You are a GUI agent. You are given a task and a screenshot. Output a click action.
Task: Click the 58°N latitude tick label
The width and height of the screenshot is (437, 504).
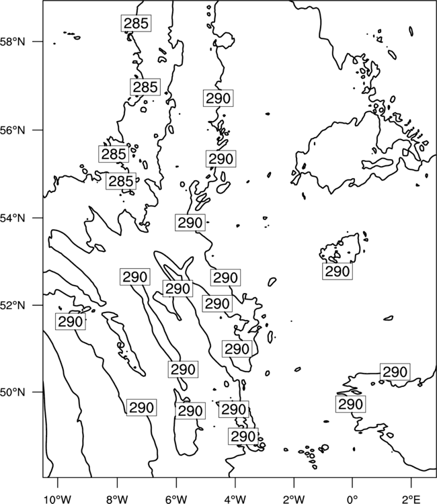pyautogui.click(x=13, y=42)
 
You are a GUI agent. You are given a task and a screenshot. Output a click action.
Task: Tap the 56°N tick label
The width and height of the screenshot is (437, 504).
pyautogui.click(x=13, y=130)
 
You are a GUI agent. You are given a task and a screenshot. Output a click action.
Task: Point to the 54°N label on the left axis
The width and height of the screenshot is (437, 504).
pyautogui.click(x=13, y=218)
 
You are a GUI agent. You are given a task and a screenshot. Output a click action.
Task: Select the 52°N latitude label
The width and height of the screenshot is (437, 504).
pyautogui.click(x=13, y=305)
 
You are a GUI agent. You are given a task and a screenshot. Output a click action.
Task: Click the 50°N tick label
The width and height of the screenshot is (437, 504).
pyautogui.click(x=13, y=392)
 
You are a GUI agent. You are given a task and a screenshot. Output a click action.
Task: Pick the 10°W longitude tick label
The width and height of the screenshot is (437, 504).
pyautogui.click(x=58, y=499)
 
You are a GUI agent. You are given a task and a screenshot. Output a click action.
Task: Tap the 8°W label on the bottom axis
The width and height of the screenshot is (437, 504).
pyautogui.click(x=117, y=499)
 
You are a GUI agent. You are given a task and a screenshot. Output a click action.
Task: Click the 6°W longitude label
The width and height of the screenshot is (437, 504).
pyautogui.click(x=176, y=499)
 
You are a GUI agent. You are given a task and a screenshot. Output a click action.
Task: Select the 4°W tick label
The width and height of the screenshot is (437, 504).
pyautogui.click(x=235, y=499)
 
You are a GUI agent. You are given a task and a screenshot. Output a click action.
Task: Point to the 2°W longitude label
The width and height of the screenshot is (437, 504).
pyautogui.click(x=294, y=499)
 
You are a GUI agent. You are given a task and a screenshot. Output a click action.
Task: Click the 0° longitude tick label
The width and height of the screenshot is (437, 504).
pyautogui.click(x=352, y=499)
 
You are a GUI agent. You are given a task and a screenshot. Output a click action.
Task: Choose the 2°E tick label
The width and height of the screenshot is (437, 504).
pyautogui.click(x=411, y=499)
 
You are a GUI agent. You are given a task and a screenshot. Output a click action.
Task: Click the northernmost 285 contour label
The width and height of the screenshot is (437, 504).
pyautogui.click(x=136, y=23)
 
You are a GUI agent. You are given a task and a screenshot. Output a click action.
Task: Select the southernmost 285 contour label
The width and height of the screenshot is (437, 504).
pyautogui.click(x=121, y=181)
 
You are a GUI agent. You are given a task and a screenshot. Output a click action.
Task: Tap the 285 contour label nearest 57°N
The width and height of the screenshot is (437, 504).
pyautogui.click(x=145, y=87)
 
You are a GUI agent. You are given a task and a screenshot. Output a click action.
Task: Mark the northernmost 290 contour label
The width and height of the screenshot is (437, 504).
pyautogui.click(x=218, y=98)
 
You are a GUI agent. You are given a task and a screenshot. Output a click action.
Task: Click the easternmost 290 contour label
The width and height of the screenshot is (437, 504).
pyautogui.click(x=395, y=372)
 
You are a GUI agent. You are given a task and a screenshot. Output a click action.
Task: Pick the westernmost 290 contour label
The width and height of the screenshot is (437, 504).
pyautogui.click(x=71, y=321)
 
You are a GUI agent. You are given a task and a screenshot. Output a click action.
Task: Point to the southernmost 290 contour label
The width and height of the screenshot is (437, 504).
pyautogui.click(x=243, y=437)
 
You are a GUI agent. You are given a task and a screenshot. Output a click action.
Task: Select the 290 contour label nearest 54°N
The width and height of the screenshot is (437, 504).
pyautogui.click(x=190, y=222)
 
